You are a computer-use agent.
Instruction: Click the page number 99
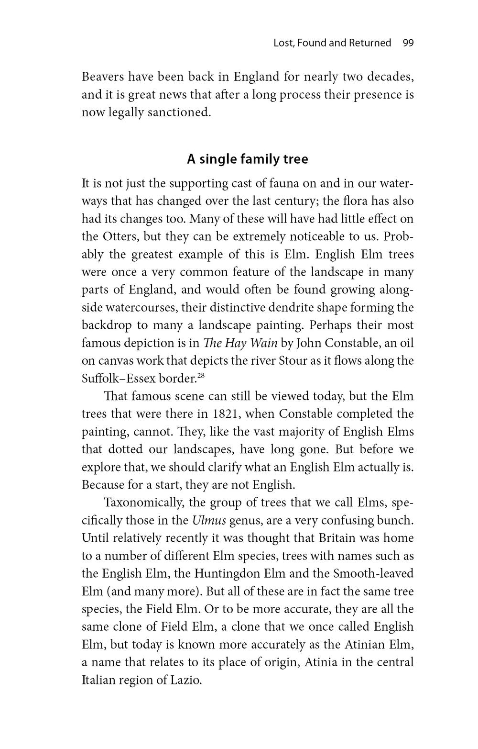(408, 43)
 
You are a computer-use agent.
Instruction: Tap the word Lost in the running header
(282, 43)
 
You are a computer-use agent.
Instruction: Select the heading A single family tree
(247, 159)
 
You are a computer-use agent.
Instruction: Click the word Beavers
(103, 77)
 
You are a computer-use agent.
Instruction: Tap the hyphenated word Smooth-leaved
(367, 573)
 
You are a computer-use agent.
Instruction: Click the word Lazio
(184, 680)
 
